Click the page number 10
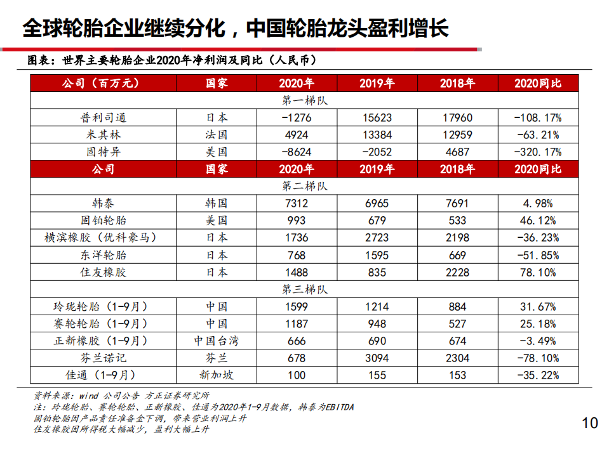pos(590,423)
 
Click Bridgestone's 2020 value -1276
pos(297,117)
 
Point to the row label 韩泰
pos(102,204)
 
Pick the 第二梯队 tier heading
pos(304,186)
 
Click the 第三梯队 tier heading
pos(304,289)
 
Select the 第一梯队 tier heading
pos(304,100)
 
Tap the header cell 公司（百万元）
pos(102,83)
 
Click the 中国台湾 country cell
pos(217,341)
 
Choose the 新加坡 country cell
pos(217,375)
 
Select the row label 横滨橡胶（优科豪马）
pos(102,238)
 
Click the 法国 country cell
pos(217,134)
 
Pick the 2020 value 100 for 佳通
pos(297,375)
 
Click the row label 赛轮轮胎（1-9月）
pos(102,323)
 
